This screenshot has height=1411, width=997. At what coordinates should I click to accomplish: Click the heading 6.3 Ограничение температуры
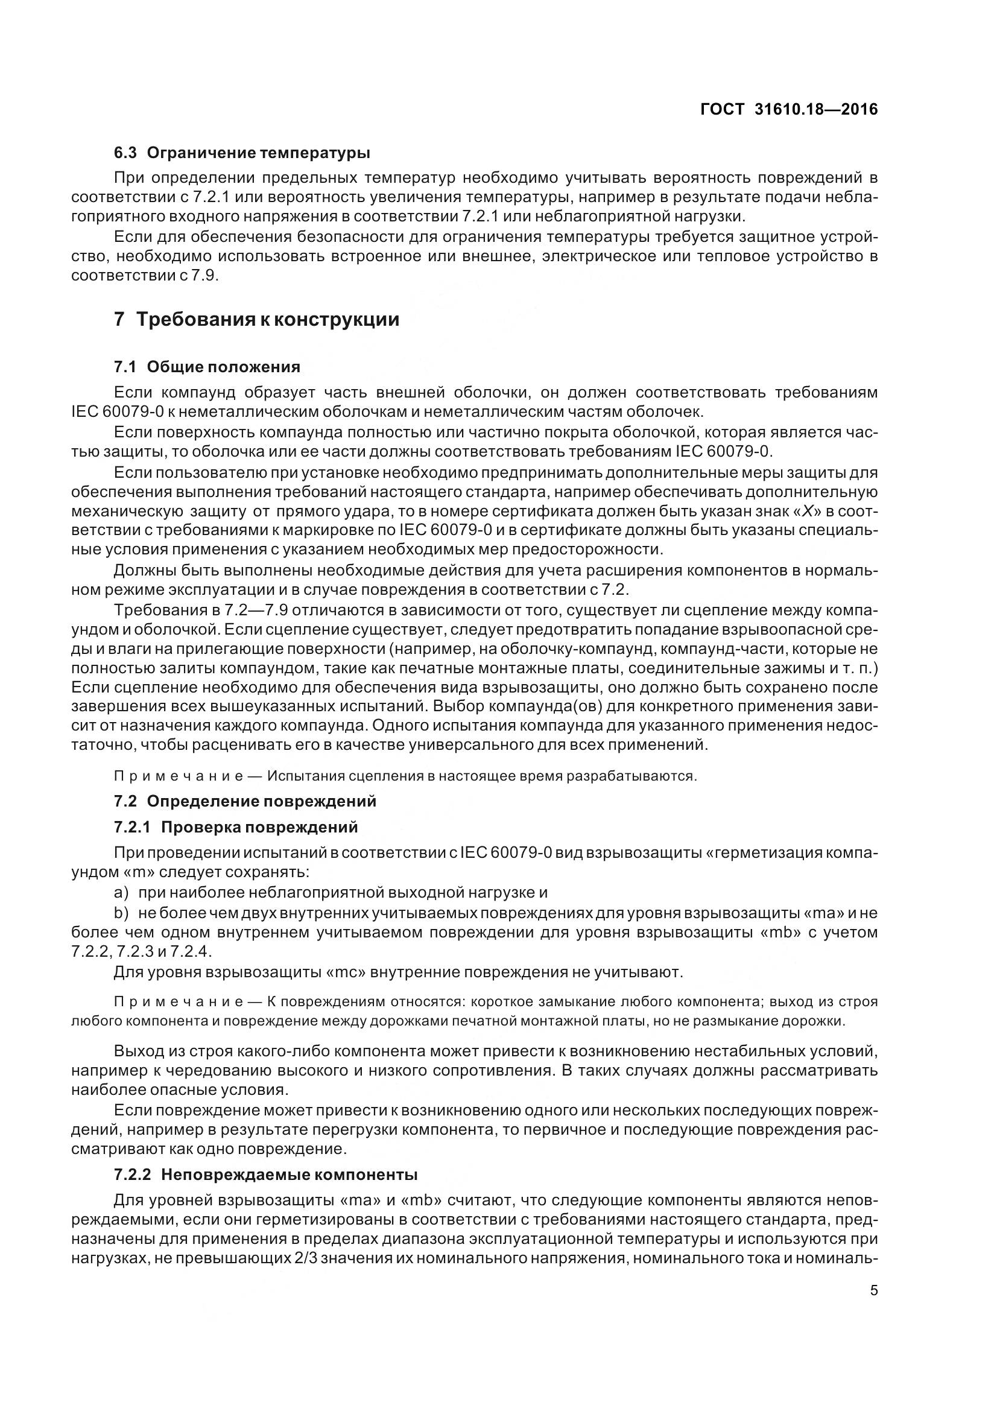[x=242, y=152]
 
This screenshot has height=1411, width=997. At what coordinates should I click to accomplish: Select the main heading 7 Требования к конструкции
[x=256, y=320]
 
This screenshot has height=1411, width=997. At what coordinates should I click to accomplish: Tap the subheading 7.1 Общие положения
[x=207, y=367]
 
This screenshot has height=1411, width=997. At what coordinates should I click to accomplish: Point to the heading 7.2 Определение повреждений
[x=244, y=801]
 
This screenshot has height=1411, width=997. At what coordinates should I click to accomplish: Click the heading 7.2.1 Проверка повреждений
[x=235, y=827]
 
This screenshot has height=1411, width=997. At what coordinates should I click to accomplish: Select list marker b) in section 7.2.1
[x=121, y=913]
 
